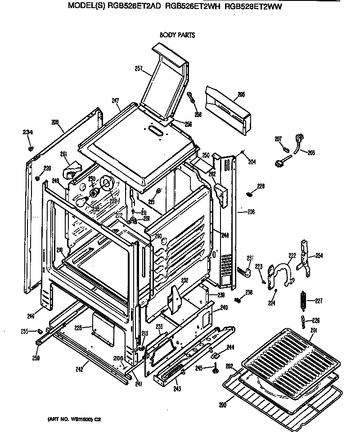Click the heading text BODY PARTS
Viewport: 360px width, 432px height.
(177, 35)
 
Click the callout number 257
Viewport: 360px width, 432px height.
(139, 69)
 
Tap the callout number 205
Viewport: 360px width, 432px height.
(241, 94)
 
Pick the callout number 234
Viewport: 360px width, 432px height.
(28, 132)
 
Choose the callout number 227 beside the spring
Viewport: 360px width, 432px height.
(319, 301)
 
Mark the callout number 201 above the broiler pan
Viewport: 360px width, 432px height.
(313, 331)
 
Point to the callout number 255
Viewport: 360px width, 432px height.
(25, 331)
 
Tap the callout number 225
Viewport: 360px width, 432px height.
(78, 328)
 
